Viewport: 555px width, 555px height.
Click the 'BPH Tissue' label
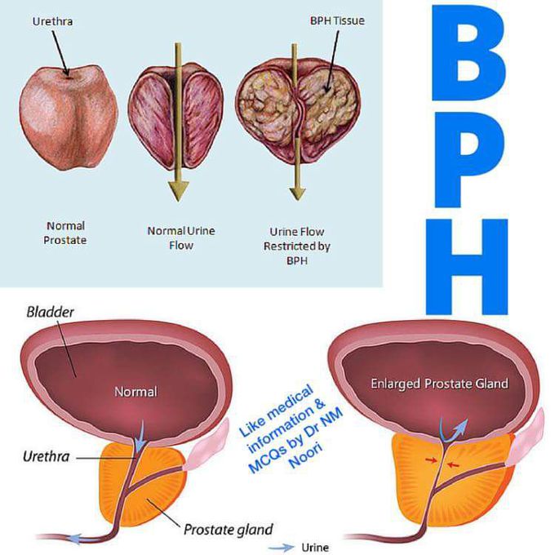point(337,20)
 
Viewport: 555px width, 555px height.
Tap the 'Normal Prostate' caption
point(65,233)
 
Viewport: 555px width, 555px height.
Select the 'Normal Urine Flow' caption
point(181,238)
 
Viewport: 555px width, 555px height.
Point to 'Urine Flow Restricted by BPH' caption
point(296,246)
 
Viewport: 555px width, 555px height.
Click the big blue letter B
point(468,52)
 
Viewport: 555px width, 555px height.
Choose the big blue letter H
point(467,267)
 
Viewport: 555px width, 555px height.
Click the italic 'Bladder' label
point(51,312)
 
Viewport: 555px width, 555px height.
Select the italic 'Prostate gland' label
point(229,530)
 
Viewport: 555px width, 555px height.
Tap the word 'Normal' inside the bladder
point(136,392)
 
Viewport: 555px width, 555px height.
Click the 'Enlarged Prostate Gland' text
point(439,384)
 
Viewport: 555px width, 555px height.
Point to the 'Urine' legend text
point(315,547)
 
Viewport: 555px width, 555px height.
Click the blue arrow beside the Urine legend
point(282,547)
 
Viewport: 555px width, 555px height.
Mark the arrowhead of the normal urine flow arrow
point(178,191)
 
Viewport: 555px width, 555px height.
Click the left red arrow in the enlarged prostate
point(431,460)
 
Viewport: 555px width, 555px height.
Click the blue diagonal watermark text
point(291,429)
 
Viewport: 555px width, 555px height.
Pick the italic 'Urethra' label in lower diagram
point(46,456)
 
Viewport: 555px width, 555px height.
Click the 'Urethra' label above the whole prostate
point(52,21)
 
